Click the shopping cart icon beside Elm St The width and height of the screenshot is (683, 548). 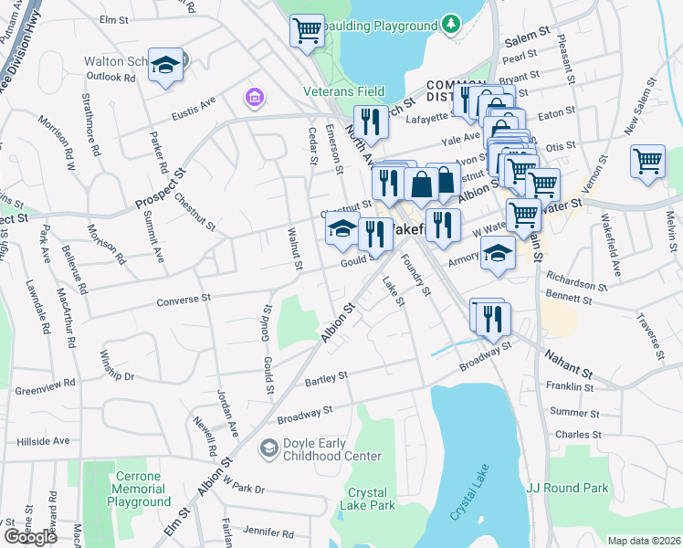[308, 30]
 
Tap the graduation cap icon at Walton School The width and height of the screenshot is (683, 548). [166, 65]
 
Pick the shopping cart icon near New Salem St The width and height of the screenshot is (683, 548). [647, 161]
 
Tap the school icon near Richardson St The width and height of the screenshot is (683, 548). [499, 252]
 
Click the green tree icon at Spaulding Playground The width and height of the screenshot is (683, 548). [449, 22]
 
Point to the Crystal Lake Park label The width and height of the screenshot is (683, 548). [367, 499]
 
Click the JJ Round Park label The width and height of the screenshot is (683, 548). [567, 488]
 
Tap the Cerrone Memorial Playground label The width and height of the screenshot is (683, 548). [142, 489]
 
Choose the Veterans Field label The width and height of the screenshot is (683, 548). [344, 91]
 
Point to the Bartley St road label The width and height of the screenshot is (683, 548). [326, 376]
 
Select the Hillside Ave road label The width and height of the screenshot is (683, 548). [43, 441]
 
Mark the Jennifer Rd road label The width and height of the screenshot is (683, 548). [247, 531]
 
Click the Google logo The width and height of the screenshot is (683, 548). [30, 536]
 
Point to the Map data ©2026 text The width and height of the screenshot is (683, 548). [644, 541]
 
